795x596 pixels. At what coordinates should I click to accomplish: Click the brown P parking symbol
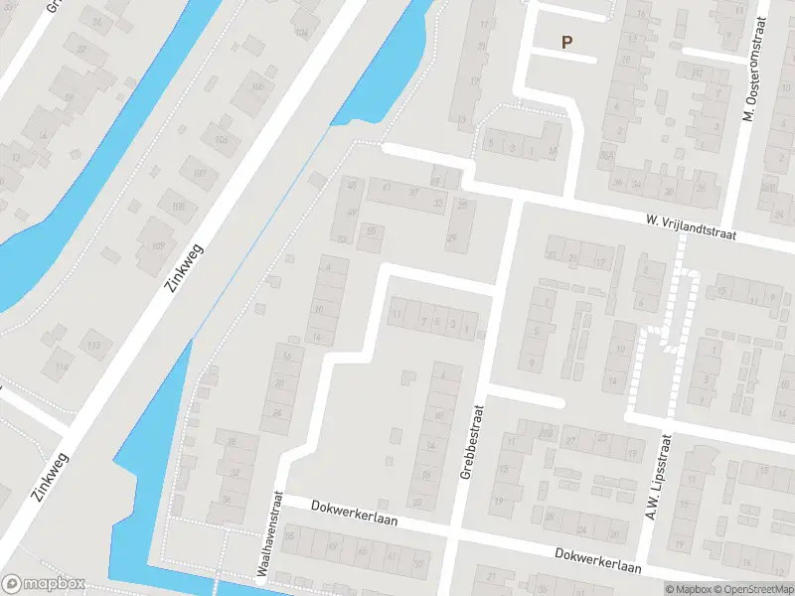point(567,43)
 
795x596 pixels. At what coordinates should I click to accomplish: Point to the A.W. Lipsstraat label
point(659,469)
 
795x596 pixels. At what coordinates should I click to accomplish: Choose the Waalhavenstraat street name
point(265,534)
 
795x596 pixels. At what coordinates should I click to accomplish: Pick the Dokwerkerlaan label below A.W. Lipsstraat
point(598,560)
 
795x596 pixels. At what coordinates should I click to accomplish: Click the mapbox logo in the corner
point(44,584)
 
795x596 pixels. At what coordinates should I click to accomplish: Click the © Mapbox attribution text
point(690,589)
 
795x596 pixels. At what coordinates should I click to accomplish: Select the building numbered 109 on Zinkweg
point(157,246)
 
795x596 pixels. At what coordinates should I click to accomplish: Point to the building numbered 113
point(94,345)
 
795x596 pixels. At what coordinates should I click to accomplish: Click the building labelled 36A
point(605,156)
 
